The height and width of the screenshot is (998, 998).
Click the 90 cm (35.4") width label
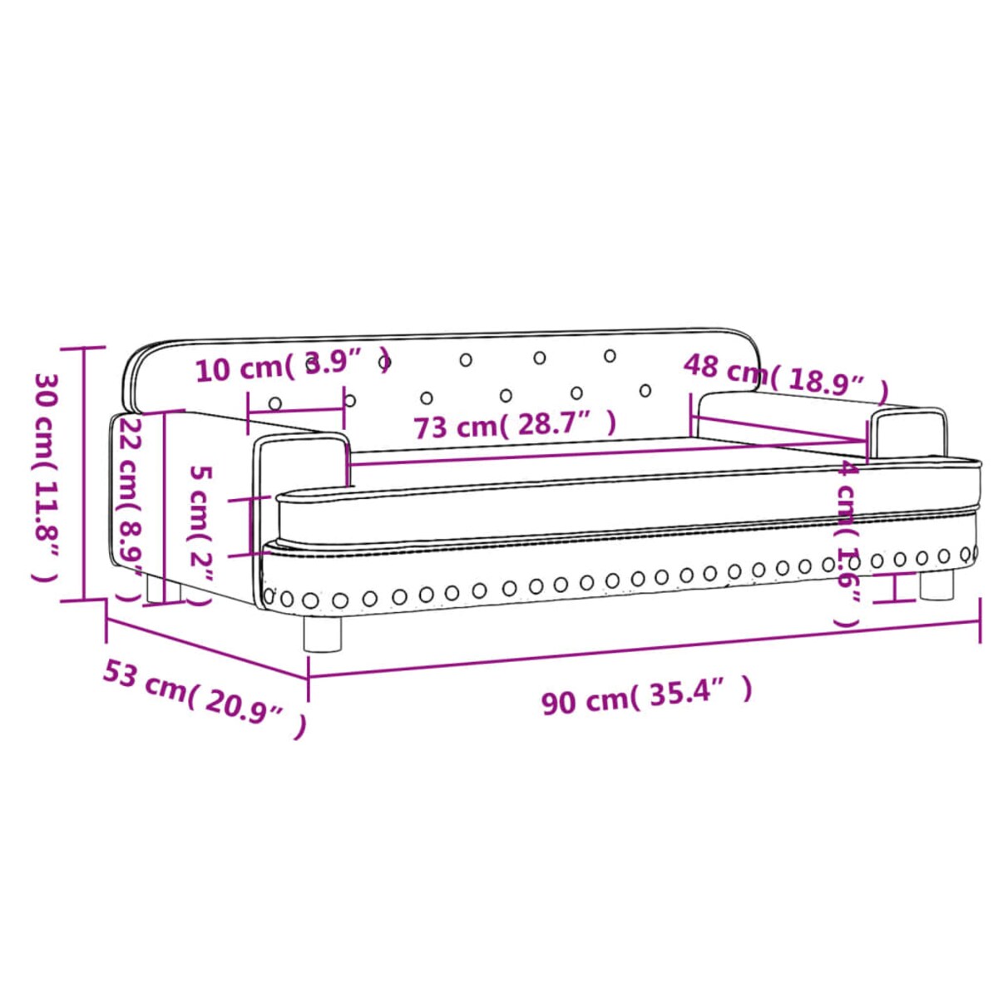click(x=646, y=696)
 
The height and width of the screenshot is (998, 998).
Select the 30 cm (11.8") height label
click(x=47, y=475)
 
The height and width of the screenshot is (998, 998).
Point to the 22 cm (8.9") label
click(x=131, y=507)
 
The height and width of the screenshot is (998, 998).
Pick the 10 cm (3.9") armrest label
click(x=291, y=367)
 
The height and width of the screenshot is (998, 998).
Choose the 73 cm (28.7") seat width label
click(x=515, y=425)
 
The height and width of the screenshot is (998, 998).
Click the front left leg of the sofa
click(x=323, y=634)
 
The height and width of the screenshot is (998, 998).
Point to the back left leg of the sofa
click(x=154, y=590)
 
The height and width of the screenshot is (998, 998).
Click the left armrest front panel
click(x=299, y=462)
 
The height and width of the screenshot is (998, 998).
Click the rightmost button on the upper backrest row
click(x=610, y=356)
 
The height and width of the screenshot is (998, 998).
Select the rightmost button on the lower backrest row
click(x=645, y=389)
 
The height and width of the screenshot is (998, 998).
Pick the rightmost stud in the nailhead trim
click(x=966, y=554)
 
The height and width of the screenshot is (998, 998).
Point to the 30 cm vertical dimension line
click(x=83, y=474)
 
